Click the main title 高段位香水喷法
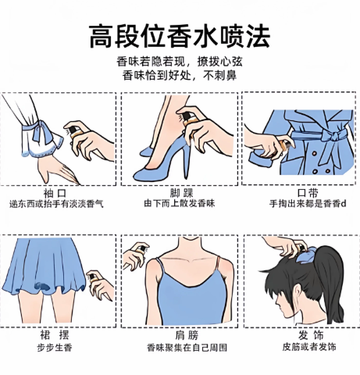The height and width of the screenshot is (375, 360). click(x=180, y=37)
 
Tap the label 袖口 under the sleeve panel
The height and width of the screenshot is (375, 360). click(x=55, y=194)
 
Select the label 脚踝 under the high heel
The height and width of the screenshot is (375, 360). click(x=182, y=194)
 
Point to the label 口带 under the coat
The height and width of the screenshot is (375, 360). click(x=308, y=193)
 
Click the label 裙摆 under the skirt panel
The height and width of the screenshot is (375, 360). click(x=55, y=335)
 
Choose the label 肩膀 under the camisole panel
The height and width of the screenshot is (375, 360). click(x=187, y=335)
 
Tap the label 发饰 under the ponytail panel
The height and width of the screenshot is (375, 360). click(x=311, y=335)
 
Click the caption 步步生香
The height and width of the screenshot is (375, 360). click(x=55, y=348)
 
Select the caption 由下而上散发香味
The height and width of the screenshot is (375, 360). click(x=180, y=203)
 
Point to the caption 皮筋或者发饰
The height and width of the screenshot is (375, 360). click(x=309, y=347)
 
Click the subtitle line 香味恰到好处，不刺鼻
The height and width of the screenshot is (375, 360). click(x=180, y=76)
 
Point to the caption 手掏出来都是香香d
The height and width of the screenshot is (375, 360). click(x=308, y=203)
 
